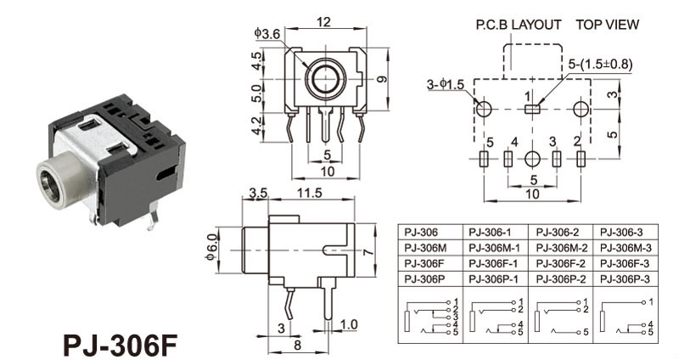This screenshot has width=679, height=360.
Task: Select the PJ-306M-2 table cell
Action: pos(561,247)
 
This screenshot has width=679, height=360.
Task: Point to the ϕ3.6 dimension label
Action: pos(267,33)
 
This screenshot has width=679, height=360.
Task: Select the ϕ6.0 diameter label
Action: pos(213,252)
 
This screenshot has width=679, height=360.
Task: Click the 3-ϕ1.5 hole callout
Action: pos(445,84)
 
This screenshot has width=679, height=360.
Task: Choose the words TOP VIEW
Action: pos(607,25)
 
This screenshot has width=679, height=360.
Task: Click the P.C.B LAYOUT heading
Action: pos(518,25)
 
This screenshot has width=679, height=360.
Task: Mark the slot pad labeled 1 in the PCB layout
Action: pos(531,109)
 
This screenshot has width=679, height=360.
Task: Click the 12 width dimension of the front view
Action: pos(325,23)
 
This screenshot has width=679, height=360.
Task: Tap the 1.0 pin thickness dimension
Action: pos(349,324)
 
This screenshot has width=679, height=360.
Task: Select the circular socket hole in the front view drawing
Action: pos(325,79)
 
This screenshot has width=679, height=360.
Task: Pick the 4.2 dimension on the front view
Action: pos(258,127)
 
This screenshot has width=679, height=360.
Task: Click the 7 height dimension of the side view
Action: pos(368,253)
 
